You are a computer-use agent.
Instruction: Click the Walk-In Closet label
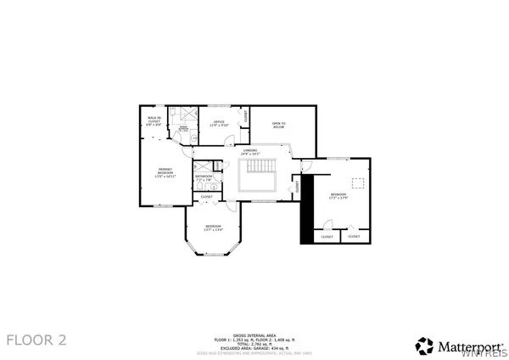click(x=154, y=120)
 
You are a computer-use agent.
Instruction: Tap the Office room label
click(x=219, y=123)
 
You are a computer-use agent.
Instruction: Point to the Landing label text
click(x=249, y=152)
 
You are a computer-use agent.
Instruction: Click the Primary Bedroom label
click(x=154, y=175)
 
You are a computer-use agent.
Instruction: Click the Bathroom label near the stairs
click(x=204, y=177)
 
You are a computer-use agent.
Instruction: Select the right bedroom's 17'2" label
click(x=339, y=198)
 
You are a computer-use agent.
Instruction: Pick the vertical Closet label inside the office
click(x=246, y=117)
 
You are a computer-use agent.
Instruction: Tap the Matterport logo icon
click(x=423, y=345)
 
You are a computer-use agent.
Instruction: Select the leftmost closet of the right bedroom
click(x=327, y=237)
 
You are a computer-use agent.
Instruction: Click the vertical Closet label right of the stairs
click(x=297, y=183)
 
